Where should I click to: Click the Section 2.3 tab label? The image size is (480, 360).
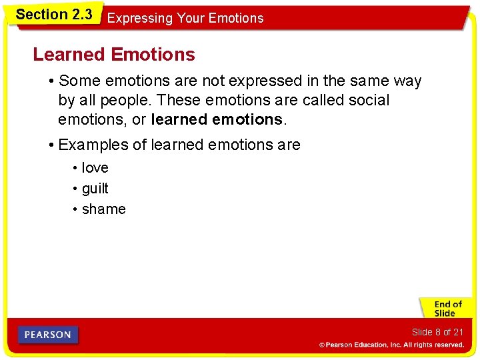click(x=53, y=14)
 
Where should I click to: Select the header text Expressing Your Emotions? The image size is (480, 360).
click(x=185, y=19)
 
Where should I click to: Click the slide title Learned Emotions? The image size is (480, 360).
click(x=114, y=54)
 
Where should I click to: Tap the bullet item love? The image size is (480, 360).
click(x=95, y=168)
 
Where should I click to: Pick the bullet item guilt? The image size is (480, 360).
click(x=95, y=189)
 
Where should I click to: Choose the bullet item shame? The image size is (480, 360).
click(x=103, y=209)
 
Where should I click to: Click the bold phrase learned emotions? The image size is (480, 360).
click(x=217, y=120)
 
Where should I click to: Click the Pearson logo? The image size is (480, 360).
click(x=48, y=335)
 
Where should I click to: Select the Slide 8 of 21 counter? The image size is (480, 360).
click(x=437, y=332)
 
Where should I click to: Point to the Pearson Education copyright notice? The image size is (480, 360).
click(x=391, y=345)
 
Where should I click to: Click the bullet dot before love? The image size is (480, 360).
click(x=75, y=169)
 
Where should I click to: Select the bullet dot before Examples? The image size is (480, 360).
click(x=51, y=145)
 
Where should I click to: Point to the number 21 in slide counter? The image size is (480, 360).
click(x=457, y=332)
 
